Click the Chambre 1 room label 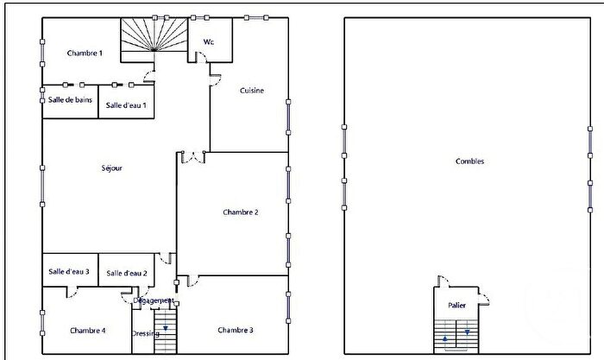[x=85, y=54]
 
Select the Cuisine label [x=251, y=91]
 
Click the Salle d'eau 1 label [x=126, y=105]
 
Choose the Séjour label [x=113, y=167]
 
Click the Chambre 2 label [x=241, y=212]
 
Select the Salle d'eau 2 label [x=127, y=273]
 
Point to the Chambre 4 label [x=87, y=330]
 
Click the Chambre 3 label [x=236, y=330]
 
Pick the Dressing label [x=143, y=333]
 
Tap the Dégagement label [x=154, y=300]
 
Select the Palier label [x=456, y=306]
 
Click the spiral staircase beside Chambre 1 [x=152, y=39]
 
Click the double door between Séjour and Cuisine [x=192, y=157]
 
